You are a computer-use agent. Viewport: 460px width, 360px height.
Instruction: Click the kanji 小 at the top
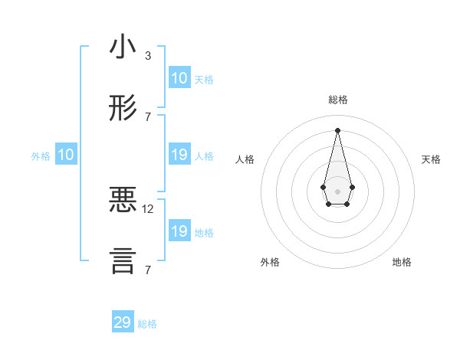pos(123,47)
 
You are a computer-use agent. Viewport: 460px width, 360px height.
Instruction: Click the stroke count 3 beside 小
pos(148,56)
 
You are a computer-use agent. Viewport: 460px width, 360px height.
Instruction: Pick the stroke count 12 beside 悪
pos(148,208)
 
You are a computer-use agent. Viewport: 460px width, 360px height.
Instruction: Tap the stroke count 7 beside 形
pos(148,116)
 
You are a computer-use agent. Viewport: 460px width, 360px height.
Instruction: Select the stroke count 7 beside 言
pos(148,270)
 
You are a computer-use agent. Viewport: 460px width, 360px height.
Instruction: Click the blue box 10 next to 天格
pos(179,78)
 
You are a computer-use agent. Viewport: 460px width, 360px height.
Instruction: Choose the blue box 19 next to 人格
pos(179,155)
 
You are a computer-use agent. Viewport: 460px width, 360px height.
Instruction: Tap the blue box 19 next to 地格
pos(179,231)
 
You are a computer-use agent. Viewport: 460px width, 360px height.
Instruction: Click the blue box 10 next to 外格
pos(66,155)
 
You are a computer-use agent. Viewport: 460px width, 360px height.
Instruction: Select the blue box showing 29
pos(123,322)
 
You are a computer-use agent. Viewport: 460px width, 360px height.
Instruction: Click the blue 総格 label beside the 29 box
pos(147,324)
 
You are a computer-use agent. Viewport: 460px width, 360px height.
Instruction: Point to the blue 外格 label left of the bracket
pos(41,156)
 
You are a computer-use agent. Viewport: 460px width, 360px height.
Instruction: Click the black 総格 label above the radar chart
pos(338,100)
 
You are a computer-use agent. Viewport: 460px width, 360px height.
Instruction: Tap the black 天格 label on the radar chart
pos(432,159)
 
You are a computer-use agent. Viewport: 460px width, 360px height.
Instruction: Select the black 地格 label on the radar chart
pos(402,262)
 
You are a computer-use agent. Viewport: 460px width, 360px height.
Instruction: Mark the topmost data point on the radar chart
pos(337,130)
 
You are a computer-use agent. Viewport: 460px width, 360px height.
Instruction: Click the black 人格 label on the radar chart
pos(245,159)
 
